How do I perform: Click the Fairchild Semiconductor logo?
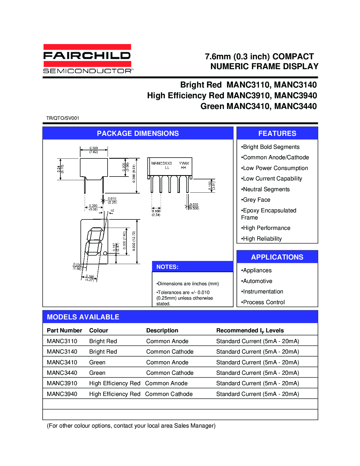pyautogui.click(x=87, y=59)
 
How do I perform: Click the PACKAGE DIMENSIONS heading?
pyautogui.click(x=138, y=133)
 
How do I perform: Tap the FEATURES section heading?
pyautogui.click(x=277, y=133)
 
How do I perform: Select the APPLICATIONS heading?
pyautogui.click(x=277, y=257)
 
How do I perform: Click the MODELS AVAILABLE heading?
pyautogui.click(x=83, y=317)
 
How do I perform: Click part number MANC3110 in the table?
pyautogui.click(x=62, y=341)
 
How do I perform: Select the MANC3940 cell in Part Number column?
pyautogui.click(x=62, y=394)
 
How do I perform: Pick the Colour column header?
pyautogui.click(x=99, y=330)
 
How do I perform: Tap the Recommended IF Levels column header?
pyautogui.click(x=250, y=331)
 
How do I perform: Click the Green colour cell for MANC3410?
pyautogui.click(x=97, y=362)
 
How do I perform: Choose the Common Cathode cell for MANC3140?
pyautogui.click(x=170, y=352)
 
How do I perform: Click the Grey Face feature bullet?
pyautogui.click(x=256, y=200)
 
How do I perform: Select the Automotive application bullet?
pyautogui.click(x=257, y=281)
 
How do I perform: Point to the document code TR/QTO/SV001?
pyautogui.click(x=63, y=118)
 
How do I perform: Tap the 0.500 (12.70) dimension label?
pyautogui.click(x=134, y=241)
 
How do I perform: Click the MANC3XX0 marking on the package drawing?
pyautogui.click(x=162, y=163)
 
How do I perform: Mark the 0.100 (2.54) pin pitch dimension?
pyautogui.click(x=156, y=213)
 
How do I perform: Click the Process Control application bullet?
pyautogui.click(x=263, y=302)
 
